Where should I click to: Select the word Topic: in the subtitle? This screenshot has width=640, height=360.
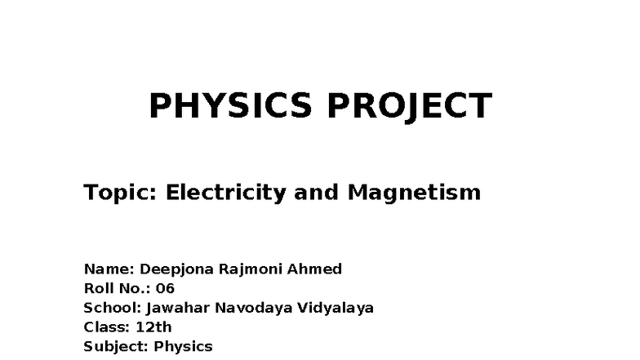pos(120,193)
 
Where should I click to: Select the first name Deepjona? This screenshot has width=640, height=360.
pos(177,269)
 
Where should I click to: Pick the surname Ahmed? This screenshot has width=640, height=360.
pos(317,269)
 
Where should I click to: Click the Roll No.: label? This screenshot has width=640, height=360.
pos(117,288)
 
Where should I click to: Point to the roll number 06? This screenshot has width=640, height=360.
pos(165,288)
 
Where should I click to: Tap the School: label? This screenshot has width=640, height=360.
pos(113,308)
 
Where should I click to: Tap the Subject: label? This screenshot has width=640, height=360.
pos(116,347)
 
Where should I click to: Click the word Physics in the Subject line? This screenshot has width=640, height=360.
pos(183,347)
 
